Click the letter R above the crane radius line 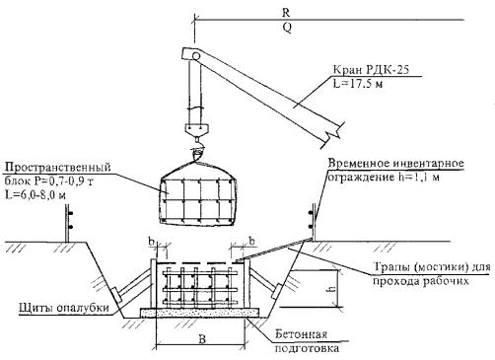coord(286,13)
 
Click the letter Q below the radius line coord(287,28)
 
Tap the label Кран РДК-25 coord(372,70)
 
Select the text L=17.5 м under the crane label coord(358,84)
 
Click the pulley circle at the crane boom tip coord(196,56)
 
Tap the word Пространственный coord(57,168)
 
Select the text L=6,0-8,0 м coord(35,194)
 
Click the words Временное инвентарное coord(396,164)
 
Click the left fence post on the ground coord(67,223)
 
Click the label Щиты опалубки coord(64,308)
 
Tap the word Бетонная coord(302,334)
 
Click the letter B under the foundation coord(202,339)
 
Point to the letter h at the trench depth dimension coord(332,289)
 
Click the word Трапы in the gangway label coord(391,267)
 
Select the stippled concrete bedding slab coord(200,313)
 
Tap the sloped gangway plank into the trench coord(272,251)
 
